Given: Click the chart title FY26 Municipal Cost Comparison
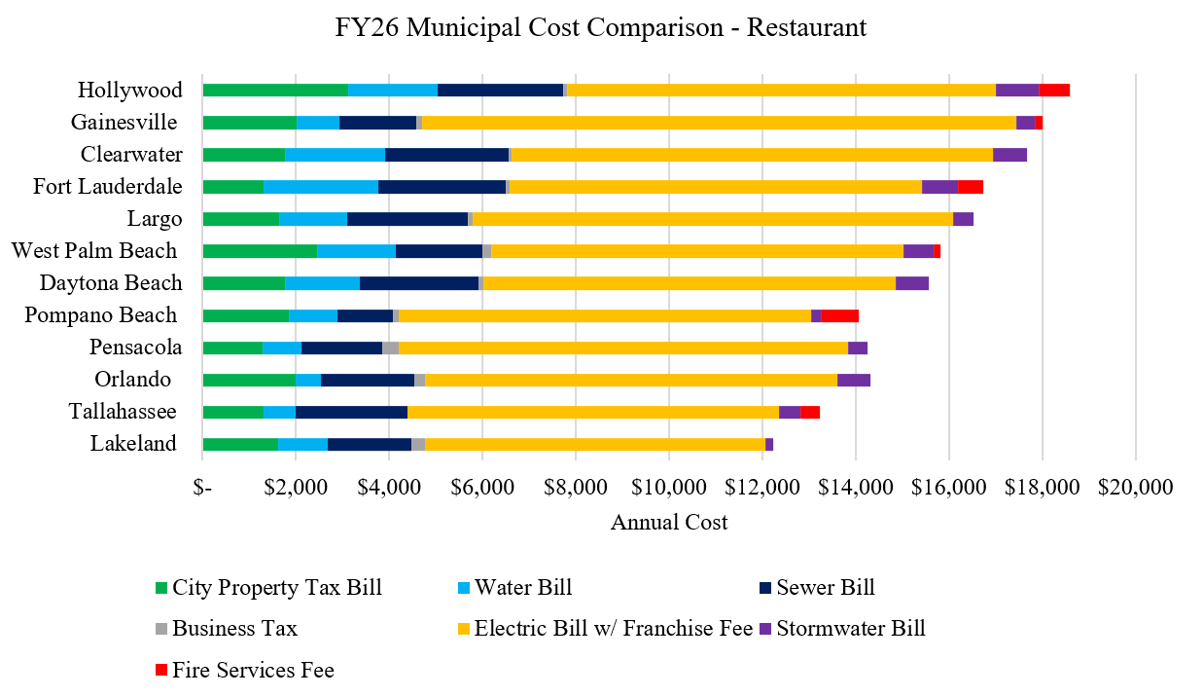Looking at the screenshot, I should coord(600,28).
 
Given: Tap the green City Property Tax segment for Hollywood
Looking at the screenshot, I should coord(275,91).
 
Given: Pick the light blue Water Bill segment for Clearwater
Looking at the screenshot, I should coord(335,155).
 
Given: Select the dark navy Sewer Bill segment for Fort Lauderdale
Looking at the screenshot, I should coord(442,187).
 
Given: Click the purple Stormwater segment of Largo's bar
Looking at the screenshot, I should coord(963,219).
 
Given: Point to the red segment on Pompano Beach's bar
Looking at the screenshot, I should coord(839,315).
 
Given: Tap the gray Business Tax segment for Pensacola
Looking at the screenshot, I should coord(390,348).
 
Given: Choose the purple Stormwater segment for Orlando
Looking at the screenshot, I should coord(853,380).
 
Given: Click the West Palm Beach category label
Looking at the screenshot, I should coord(94,251).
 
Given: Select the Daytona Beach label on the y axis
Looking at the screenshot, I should coord(111,283).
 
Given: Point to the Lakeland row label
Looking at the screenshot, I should coord(133,444).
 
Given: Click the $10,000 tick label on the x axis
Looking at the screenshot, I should coord(669,488).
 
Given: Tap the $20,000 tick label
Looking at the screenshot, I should coord(1135,488).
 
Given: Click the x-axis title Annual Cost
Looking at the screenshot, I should coord(669,523).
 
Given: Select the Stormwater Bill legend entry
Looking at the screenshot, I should coord(850,628).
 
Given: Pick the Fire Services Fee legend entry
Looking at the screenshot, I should coord(253,670).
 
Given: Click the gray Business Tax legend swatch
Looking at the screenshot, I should coord(161,629).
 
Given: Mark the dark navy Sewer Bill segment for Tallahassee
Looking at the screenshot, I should coord(351,412).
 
